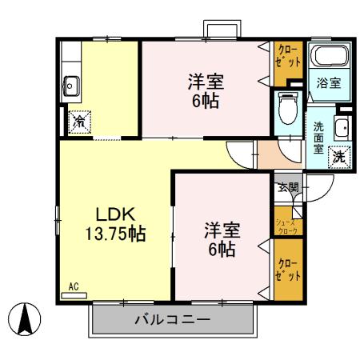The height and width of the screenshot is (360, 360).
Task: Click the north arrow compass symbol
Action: tap(25, 320)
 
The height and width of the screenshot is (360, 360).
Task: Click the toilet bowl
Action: tap(286, 108)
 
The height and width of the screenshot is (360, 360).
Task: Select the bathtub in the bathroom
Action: tap(329, 58)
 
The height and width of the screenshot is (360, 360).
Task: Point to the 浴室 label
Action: tap(330, 83)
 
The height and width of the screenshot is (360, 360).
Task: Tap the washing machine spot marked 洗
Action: tap(339, 156)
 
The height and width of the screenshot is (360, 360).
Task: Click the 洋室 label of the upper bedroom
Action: tap(206, 82)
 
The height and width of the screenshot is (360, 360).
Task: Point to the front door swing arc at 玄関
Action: tap(313, 192)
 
